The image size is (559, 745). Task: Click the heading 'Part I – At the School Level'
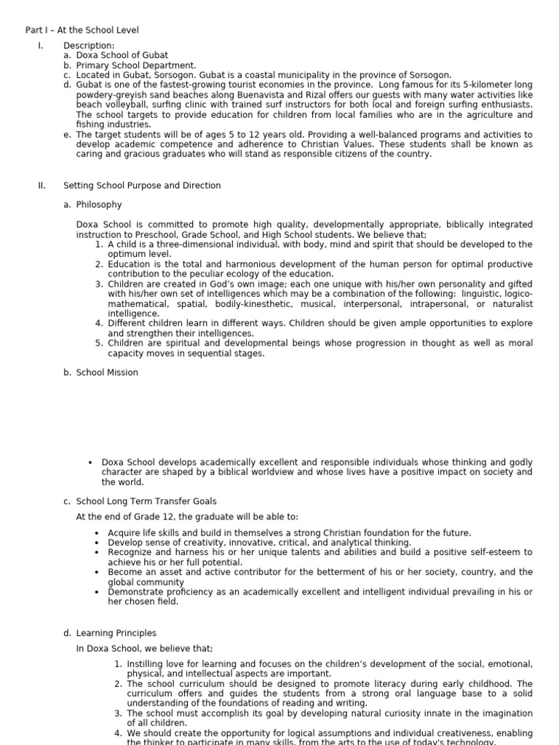(82, 30)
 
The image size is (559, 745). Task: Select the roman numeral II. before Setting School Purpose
(41, 186)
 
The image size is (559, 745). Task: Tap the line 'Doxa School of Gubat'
(122, 55)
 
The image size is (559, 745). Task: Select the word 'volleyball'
(120, 105)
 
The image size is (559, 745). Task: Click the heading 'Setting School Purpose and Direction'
(142, 186)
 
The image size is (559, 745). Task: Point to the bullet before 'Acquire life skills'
(97, 533)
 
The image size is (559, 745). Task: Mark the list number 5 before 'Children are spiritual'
(99, 343)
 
